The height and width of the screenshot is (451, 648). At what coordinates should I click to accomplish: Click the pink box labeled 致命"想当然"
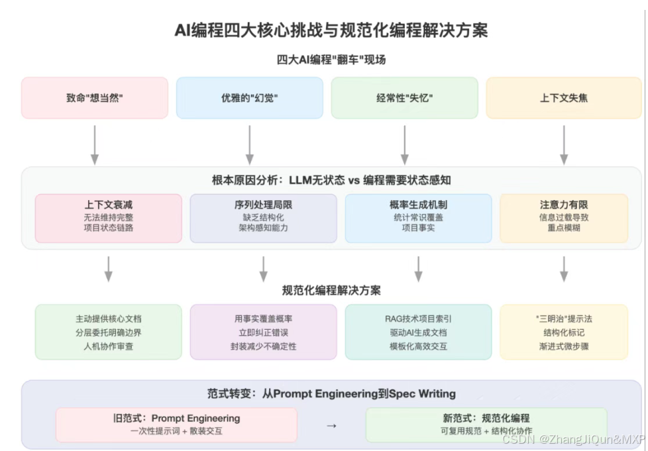click(95, 98)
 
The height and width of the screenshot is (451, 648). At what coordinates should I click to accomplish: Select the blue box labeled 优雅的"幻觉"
click(250, 98)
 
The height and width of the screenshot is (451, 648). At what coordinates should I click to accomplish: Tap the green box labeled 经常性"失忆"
click(404, 98)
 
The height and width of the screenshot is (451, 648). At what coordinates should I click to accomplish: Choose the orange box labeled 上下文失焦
click(564, 98)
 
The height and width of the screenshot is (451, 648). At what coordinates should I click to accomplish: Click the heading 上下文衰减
click(108, 205)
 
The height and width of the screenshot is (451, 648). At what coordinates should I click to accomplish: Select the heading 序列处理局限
click(263, 205)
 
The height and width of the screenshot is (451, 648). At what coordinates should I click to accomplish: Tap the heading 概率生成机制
click(418, 205)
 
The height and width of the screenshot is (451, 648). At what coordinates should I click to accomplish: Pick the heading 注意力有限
click(564, 205)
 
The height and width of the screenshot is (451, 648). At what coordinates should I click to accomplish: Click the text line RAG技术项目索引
click(418, 319)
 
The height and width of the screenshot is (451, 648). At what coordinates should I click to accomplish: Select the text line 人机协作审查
click(108, 346)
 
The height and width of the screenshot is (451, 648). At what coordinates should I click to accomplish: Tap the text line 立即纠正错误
click(263, 332)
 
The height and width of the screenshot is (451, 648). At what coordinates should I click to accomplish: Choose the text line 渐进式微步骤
click(564, 346)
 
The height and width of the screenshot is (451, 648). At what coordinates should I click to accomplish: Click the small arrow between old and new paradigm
click(331, 425)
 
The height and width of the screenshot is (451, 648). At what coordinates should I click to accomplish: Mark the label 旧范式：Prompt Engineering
click(176, 419)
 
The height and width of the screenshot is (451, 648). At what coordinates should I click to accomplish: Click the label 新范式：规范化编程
click(486, 419)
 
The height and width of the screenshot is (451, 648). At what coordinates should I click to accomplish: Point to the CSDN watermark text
click(573, 439)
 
